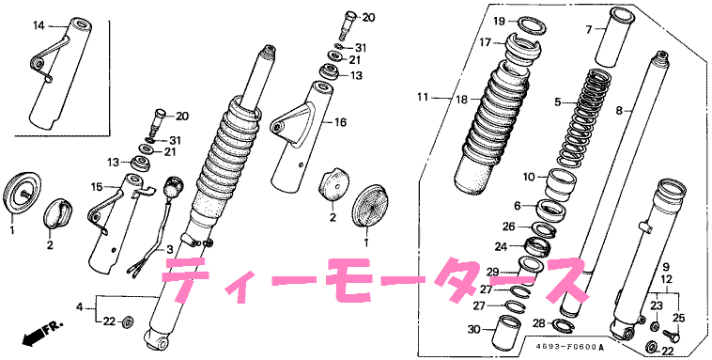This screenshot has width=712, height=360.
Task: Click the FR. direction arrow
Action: coord(42,333)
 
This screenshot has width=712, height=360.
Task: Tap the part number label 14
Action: coord(39,26)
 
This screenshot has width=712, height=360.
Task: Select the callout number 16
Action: coord(340,122)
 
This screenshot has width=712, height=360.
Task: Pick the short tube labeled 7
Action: coord(615,38)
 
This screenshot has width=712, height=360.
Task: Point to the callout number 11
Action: coord(424,97)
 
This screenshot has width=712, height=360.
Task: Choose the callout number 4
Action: coord(80,307)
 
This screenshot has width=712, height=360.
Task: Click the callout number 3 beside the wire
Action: coord(169,249)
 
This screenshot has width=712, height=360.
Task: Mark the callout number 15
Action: coord(97,186)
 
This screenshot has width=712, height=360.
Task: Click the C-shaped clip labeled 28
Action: coord(562,324)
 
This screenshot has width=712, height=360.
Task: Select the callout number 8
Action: coord(618,110)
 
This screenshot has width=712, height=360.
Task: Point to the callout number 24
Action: coord(501,247)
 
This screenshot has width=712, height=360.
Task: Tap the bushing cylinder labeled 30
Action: coord(507,331)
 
